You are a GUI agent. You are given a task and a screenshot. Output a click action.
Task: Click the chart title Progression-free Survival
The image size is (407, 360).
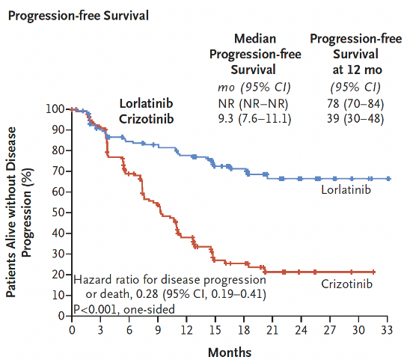point(79,16)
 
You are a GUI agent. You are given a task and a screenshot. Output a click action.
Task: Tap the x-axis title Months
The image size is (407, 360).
point(230,353)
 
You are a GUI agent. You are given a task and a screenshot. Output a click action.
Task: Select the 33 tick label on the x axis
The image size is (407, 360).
point(387,330)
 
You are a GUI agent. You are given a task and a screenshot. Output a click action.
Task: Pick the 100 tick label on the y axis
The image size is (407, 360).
point(55,109)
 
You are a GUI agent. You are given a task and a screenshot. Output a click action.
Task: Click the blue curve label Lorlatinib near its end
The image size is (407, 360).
point(346,189)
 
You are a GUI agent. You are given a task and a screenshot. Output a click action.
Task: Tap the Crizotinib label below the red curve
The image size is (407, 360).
point(347,284)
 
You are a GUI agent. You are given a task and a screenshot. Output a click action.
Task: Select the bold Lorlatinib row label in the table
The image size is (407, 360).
point(146,103)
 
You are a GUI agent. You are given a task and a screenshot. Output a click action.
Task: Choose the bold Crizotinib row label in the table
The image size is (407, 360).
point(146,119)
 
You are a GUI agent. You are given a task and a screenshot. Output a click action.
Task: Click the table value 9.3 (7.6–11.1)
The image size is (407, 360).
point(254,119)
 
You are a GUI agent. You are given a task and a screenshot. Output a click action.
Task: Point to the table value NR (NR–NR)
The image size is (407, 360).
point(253,103)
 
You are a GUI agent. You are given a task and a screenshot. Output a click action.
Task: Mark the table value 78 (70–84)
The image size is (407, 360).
point(355,103)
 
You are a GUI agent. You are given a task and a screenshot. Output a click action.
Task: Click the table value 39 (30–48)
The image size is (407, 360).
point(355,119)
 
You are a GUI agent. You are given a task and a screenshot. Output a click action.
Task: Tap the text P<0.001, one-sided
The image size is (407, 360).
point(124,309)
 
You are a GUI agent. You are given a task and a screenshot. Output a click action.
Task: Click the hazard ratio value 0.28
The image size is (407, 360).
point(147,294)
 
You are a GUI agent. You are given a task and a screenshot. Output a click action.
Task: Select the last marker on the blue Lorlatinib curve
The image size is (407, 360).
point(388,179)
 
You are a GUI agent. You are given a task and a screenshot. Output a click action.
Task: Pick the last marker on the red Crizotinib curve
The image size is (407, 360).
point(373,272)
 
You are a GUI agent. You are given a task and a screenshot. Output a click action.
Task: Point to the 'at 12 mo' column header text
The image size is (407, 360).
point(357,70)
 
